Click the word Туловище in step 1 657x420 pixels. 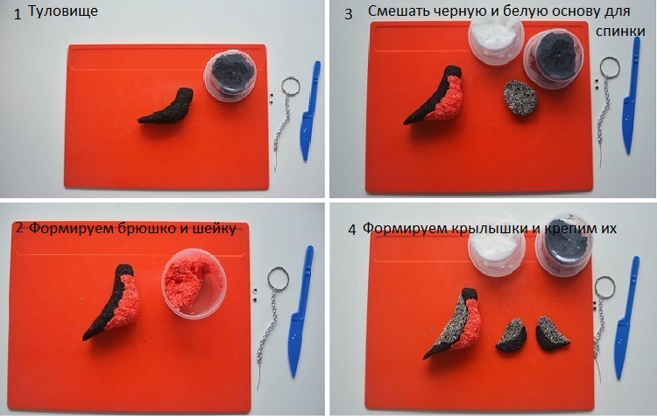[x=63, y=11]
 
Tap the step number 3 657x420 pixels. [x=349, y=14]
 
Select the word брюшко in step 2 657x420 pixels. [x=142, y=229]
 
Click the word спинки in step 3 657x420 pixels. [x=620, y=31]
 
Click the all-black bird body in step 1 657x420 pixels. [x=167, y=107]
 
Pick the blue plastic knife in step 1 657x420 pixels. [x=310, y=111]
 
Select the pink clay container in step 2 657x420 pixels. [x=194, y=283]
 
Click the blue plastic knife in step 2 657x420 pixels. [x=300, y=311]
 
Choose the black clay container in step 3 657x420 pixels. [x=553, y=59]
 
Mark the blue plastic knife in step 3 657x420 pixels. [x=631, y=96]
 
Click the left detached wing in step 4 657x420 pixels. [x=511, y=336]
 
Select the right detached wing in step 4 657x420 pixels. [x=551, y=334]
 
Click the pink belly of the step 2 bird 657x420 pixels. [x=125, y=303]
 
